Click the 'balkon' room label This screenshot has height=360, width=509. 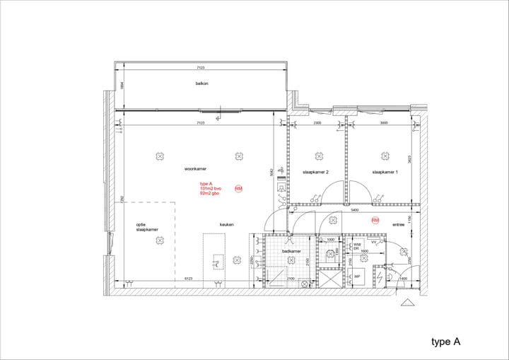(x=202, y=83)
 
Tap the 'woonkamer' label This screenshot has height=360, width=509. (x=195, y=169)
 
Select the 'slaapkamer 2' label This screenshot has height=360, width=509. (x=315, y=172)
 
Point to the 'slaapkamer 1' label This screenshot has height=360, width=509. (x=385, y=172)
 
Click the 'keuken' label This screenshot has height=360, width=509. (x=226, y=224)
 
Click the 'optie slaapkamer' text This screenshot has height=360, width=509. (x=147, y=227)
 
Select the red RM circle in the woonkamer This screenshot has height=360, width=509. (x=238, y=189)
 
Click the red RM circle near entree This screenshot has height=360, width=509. (x=375, y=220)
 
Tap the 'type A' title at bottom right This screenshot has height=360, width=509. (x=446, y=342)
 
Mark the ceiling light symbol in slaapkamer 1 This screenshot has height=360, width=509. (x=386, y=156)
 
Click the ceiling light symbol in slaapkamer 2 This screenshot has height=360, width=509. (x=318, y=156)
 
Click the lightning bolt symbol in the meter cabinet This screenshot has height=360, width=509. (x=380, y=277)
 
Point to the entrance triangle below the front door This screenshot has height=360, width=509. (x=407, y=302)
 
